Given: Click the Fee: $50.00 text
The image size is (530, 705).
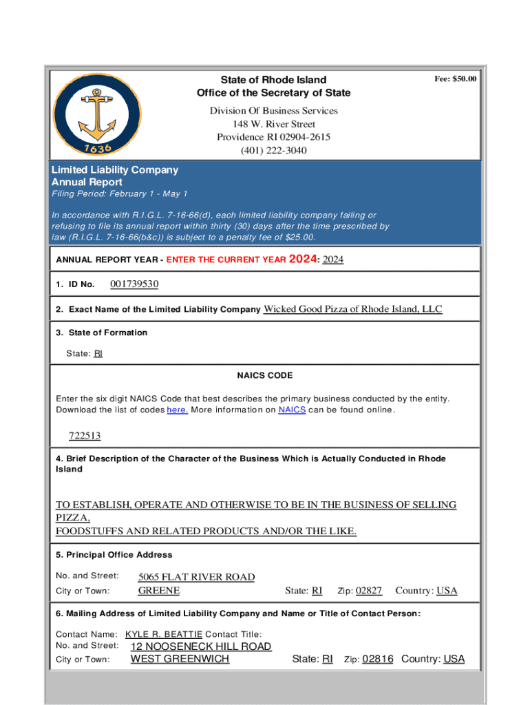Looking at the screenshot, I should (455, 79).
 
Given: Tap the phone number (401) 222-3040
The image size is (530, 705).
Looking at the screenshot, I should (273, 150).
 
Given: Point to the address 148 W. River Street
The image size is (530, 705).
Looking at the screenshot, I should (273, 124).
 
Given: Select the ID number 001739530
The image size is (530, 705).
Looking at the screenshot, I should (134, 284).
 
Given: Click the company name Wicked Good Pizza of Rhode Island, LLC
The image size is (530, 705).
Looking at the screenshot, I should (353, 309).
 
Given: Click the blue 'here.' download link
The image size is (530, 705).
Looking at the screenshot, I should (177, 410).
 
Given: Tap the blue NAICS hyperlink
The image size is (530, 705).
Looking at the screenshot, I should (292, 410).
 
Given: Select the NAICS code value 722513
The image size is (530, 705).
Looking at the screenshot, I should (85, 436).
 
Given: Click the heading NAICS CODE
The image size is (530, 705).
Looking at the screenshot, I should (265, 375).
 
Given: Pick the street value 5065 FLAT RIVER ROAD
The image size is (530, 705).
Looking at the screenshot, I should (196, 577).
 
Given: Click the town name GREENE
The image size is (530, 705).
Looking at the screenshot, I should (159, 591).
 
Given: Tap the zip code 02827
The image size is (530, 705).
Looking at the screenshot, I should (369, 591).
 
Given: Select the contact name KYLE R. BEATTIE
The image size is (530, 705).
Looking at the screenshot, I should (164, 634).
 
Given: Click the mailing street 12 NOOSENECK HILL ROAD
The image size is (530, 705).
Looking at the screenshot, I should (201, 646).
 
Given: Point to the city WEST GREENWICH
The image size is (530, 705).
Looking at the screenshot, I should (180, 659).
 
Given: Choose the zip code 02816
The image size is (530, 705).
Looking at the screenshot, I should (378, 659).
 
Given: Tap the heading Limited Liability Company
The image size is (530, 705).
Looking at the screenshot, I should (115, 169).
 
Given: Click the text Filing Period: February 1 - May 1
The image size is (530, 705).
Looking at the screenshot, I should (120, 194).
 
